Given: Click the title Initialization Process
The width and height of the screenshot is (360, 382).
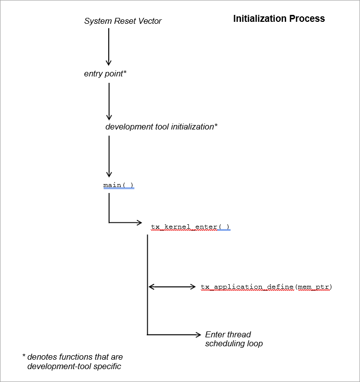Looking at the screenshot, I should coord(279,19).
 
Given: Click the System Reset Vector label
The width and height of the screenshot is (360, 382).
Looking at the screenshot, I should coord(122,21).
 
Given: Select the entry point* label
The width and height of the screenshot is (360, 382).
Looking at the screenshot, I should coord(105,73).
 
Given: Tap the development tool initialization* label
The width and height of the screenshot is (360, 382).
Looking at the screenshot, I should coord(161,127).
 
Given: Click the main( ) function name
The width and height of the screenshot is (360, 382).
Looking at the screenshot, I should coord(119,186).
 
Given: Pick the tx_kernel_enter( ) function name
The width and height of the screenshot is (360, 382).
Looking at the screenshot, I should coord(190,227).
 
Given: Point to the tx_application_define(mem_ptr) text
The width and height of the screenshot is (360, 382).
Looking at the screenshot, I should coord(266,287).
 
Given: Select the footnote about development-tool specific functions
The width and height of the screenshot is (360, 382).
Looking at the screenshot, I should coord(73,362).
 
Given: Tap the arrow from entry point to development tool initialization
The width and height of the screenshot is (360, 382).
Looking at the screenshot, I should coord(109,101).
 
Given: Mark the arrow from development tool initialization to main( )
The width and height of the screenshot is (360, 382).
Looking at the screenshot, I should coord(109,156).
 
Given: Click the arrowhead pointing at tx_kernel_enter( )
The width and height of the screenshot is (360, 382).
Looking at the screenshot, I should coord(139,223).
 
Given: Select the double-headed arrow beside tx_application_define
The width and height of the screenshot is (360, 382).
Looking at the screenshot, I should coord(173,287).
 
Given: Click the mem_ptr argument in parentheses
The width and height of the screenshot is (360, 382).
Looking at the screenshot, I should coord(313,287).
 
